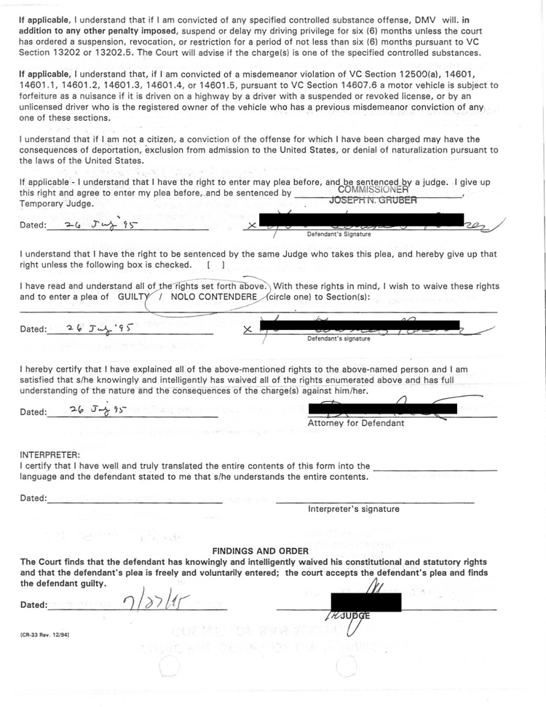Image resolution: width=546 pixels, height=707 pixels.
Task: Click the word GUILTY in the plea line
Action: pyautogui.click(x=136, y=297)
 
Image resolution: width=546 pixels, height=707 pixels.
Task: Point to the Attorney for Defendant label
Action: pyautogui.click(x=356, y=423)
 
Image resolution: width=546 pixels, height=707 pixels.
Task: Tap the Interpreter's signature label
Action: pyautogui.click(x=353, y=509)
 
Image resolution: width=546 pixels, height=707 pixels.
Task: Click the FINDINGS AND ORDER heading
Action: pyautogui.click(x=260, y=551)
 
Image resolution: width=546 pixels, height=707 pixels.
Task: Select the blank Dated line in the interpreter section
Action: pyautogui.click(x=135, y=499)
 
